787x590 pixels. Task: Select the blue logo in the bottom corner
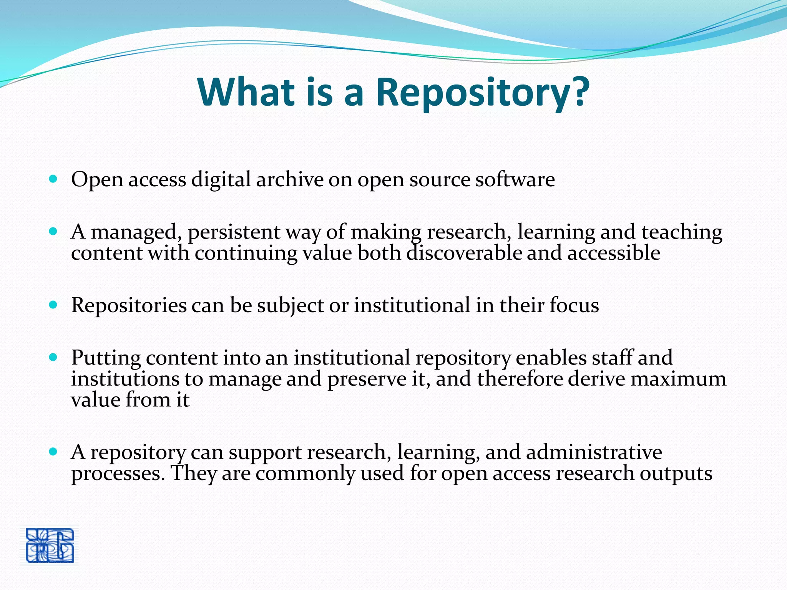(x=50, y=545)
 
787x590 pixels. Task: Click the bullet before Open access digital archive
(x=53, y=179)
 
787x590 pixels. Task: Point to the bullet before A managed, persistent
(x=53, y=231)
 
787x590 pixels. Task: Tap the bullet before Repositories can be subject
(x=53, y=305)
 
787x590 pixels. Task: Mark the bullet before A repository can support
(x=53, y=451)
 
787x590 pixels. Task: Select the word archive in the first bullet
(x=290, y=179)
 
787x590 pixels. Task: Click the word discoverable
(x=464, y=253)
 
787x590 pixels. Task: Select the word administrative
(x=594, y=452)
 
